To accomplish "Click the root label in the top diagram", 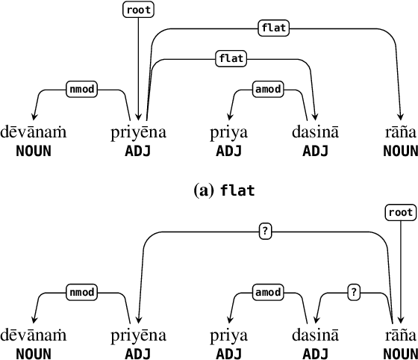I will pyautogui.click(x=137, y=10).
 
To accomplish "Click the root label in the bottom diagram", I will pyautogui.click(x=401, y=212).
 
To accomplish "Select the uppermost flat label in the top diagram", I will pyautogui.click(x=272, y=28).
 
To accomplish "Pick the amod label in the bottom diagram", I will pyautogui.click(x=267, y=291).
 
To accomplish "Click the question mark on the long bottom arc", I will pyautogui.click(x=264, y=232).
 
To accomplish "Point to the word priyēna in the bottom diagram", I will pyautogui.click(x=138, y=337).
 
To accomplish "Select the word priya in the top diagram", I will pyautogui.click(x=231, y=134).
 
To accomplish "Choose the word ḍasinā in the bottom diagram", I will pyautogui.click(x=315, y=337).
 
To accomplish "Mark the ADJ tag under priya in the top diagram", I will pyautogui.click(x=230, y=150).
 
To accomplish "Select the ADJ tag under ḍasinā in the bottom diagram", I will pyautogui.click(x=315, y=353).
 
